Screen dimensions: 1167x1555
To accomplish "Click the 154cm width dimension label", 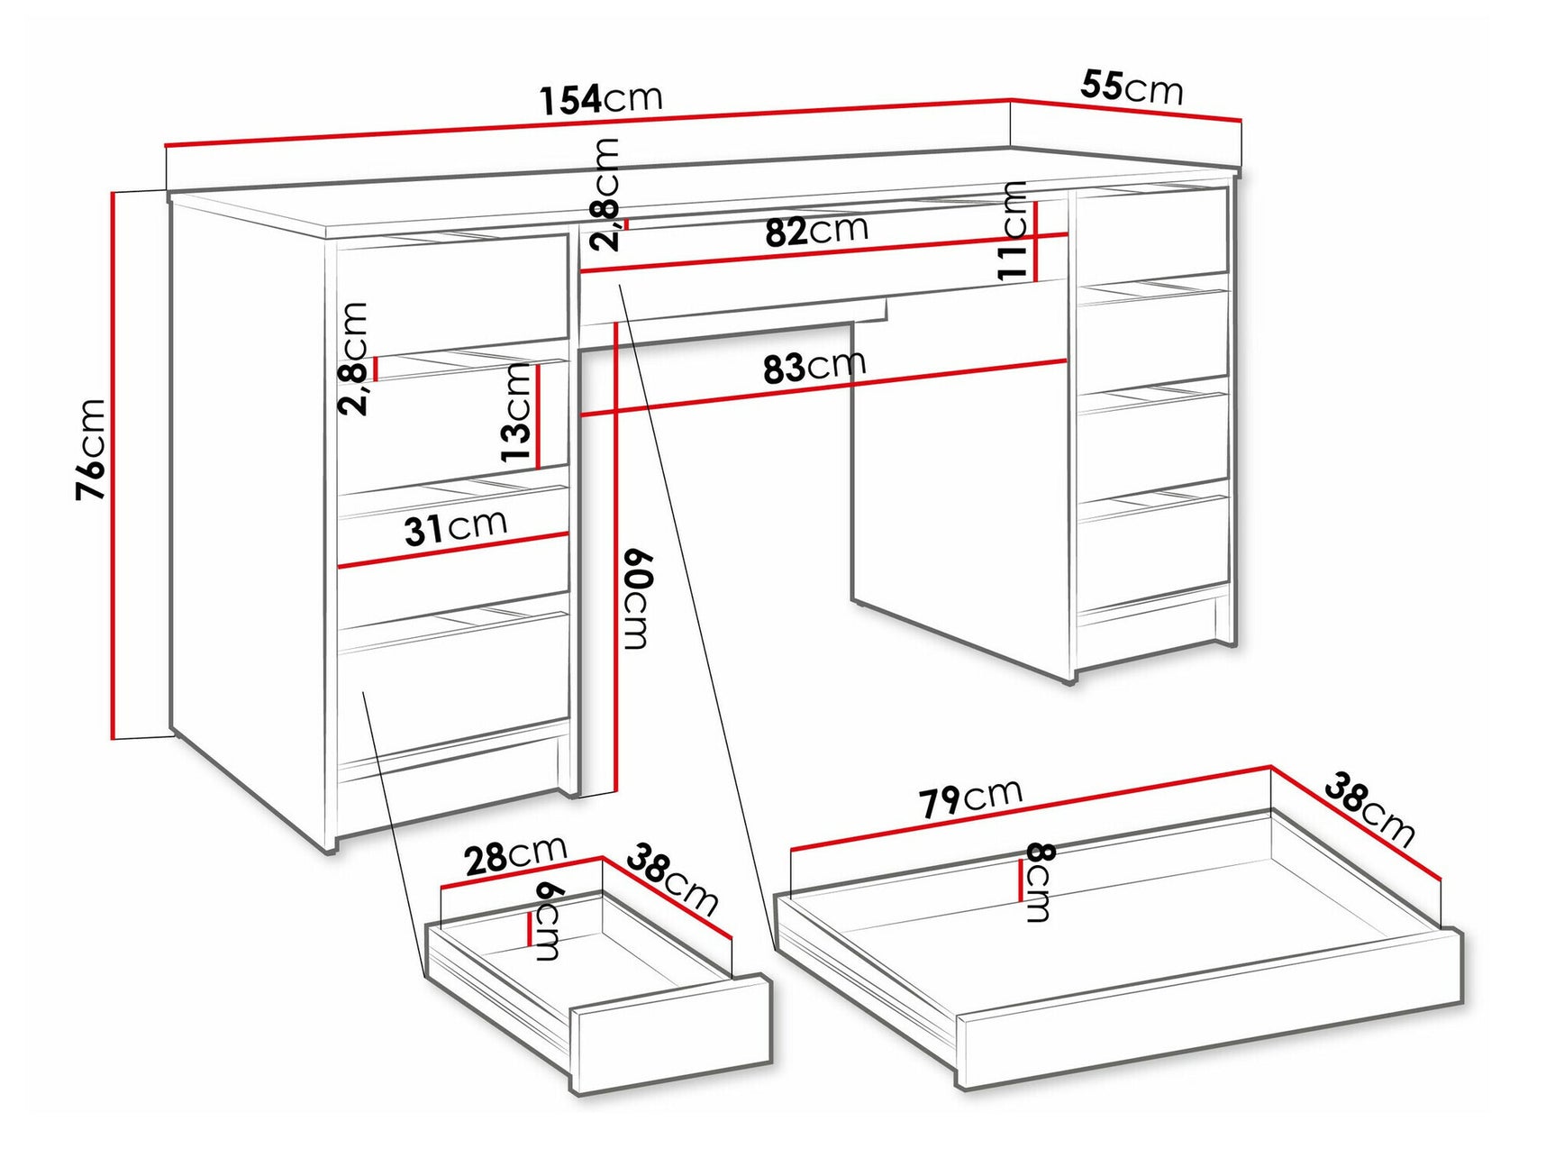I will pyautogui.click(x=601, y=98).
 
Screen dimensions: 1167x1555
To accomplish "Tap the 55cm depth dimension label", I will pyautogui.click(x=1132, y=87).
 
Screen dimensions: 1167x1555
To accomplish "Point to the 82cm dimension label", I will pyautogui.click(x=816, y=231).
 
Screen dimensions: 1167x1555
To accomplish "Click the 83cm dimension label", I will pyautogui.click(x=814, y=367).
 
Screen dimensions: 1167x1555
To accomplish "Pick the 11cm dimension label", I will pyautogui.click(x=1013, y=231).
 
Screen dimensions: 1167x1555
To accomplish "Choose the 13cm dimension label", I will pyautogui.click(x=517, y=412).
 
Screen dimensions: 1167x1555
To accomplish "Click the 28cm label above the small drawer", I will pyautogui.click(x=515, y=855).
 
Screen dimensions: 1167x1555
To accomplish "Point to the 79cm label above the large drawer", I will pyautogui.click(x=970, y=798).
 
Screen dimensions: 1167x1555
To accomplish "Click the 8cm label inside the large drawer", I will pyautogui.click(x=1039, y=882).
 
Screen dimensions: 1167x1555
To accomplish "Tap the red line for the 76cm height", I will pyautogui.click(x=114, y=465).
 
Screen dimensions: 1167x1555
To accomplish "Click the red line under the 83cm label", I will pyautogui.click(x=823, y=388).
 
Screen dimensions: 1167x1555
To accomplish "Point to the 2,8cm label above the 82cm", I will pyautogui.click(x=607, y=194).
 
